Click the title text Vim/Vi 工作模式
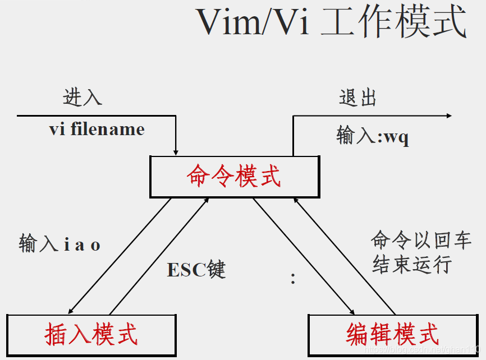click(x=331, y=22)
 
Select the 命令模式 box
click(x=233, y=177)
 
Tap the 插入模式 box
click(x=91, y=335)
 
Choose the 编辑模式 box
click(x=393, y=335)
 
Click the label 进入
click(x=82, y=97)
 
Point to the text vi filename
click(x=97, y=130)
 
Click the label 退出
click(x=357, y=98)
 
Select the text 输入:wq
click(x=373, y=136)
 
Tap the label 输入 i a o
click(x=59, y=245)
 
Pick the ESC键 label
click(x=196, y=270)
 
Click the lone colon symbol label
click(x=293, y=279)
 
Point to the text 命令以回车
click(x=421, y=241)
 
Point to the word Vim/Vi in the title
click(x=253, y=22)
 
